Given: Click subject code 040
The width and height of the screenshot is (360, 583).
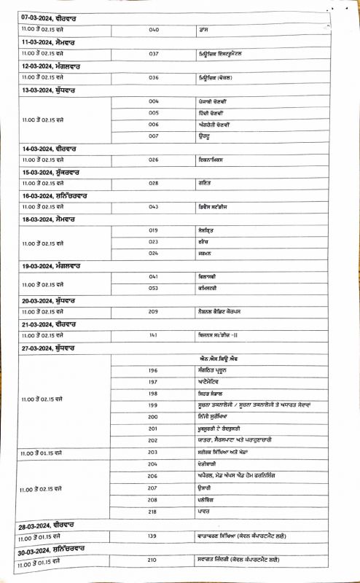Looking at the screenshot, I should [154, 31].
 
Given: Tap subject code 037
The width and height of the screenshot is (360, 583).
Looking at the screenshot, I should [154, 54].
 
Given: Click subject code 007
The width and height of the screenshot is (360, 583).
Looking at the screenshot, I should [154, 136].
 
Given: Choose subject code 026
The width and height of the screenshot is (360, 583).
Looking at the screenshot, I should [154, 160].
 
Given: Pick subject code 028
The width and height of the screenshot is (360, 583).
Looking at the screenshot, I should [154, 184].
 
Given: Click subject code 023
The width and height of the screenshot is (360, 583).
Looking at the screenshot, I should [154, 241].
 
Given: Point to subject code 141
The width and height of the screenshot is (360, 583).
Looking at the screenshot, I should [154, 335].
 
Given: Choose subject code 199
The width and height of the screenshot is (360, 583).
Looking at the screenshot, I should [153, 404].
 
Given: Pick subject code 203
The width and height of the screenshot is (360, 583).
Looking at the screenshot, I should [153, 452].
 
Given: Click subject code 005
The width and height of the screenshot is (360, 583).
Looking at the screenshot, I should [154, 113].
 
